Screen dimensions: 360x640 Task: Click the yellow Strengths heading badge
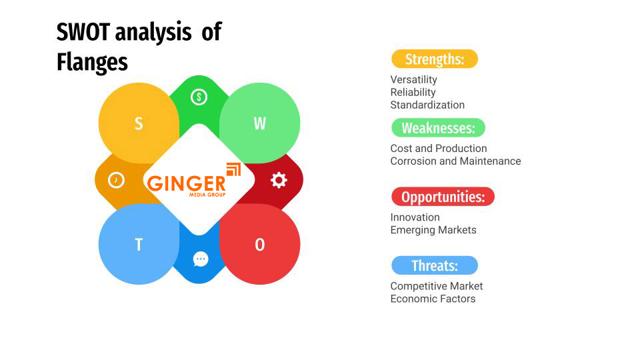tap(434, 59)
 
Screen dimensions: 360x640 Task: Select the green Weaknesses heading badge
tap(438, 127)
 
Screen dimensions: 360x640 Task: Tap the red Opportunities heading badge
tap(443, 197)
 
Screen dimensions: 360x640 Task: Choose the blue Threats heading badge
tap(434, 265)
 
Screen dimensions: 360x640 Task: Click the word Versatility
tap(413, 79)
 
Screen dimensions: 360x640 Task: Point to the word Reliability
tap(413, 92)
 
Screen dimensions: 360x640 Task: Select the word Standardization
tap(427, 105)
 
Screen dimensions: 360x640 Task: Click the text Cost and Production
tap(438, 148)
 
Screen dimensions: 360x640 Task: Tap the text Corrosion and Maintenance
tap(455, 161)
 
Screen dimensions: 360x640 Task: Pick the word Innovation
tap(415, 217)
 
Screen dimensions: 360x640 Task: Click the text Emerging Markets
tap(433, 229)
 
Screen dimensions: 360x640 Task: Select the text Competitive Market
tap(436, 286)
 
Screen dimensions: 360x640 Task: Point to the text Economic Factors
tap(433, 299)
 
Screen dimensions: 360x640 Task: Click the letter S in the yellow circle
tap(139, 123)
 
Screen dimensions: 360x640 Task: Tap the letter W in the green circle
tap(259, 123)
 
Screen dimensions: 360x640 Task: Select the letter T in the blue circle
tap(139, 245)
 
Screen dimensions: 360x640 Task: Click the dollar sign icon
tap(199, 97)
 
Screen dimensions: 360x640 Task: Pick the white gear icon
tap(279, 180)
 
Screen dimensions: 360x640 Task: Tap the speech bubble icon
tap(201, 259)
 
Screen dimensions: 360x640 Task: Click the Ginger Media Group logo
tap(194, 181)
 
